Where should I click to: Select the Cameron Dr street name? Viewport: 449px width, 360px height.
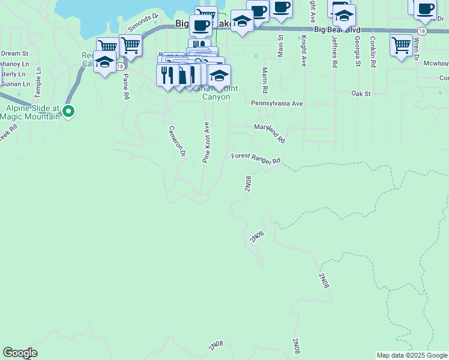[176, 142]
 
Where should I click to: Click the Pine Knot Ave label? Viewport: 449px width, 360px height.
[206, 143]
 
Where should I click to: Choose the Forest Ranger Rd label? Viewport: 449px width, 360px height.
[256, 158]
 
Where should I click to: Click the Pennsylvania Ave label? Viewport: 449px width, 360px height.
[277, 103]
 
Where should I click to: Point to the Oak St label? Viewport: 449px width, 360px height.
[361, 94]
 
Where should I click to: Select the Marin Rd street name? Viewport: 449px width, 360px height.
[264, 80]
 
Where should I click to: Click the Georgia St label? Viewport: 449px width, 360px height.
[357, 52]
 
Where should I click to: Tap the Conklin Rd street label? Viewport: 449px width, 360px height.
[373, 52]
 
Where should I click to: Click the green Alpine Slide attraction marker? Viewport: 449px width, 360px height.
[68, 111]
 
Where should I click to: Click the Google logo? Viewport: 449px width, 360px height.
[20, 353]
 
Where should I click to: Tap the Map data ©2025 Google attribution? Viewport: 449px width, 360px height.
[412, 355]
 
